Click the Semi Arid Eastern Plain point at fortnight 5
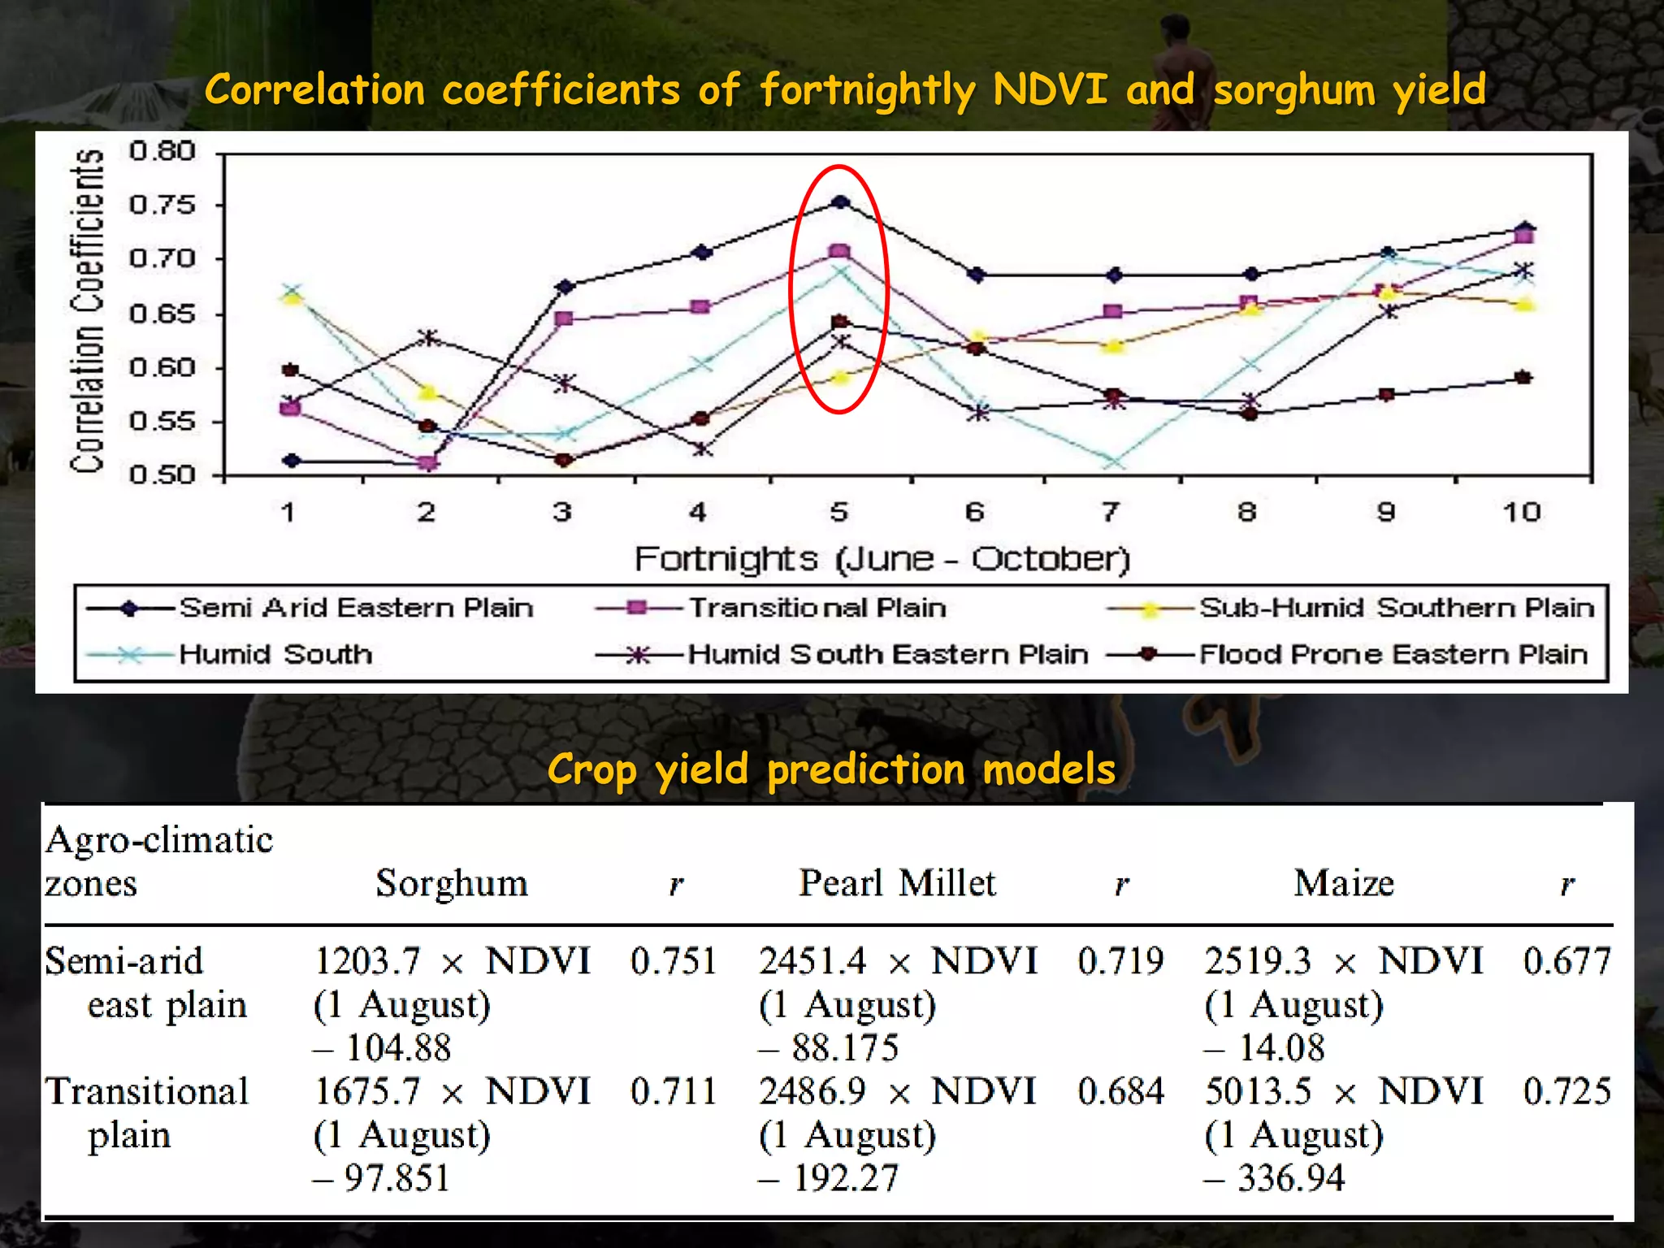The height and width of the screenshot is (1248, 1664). click(x=840, y=201)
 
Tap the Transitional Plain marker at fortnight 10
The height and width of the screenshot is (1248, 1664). click(x=1524, y=236)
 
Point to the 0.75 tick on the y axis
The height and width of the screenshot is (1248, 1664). click(x=162, y=205)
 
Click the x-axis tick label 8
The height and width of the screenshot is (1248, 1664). click(x=1248, y=512)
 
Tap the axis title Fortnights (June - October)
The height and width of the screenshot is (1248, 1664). click(x=882, y=559)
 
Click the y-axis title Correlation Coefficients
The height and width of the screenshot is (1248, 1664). click(x=88, y=310)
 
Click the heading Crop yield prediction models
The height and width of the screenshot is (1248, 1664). click(x=831, y=769)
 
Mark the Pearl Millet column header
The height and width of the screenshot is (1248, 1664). click(x=896, y=882)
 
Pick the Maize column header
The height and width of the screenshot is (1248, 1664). click(x=1344, y=882)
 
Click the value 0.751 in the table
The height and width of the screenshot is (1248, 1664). click(x=673, y=961)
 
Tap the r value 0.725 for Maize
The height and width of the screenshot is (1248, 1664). click(x=1566, y=1091)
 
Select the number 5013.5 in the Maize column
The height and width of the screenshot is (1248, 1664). click(x=1258, y=1091)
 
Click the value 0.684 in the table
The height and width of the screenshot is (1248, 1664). click(x=1120, y=1091)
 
